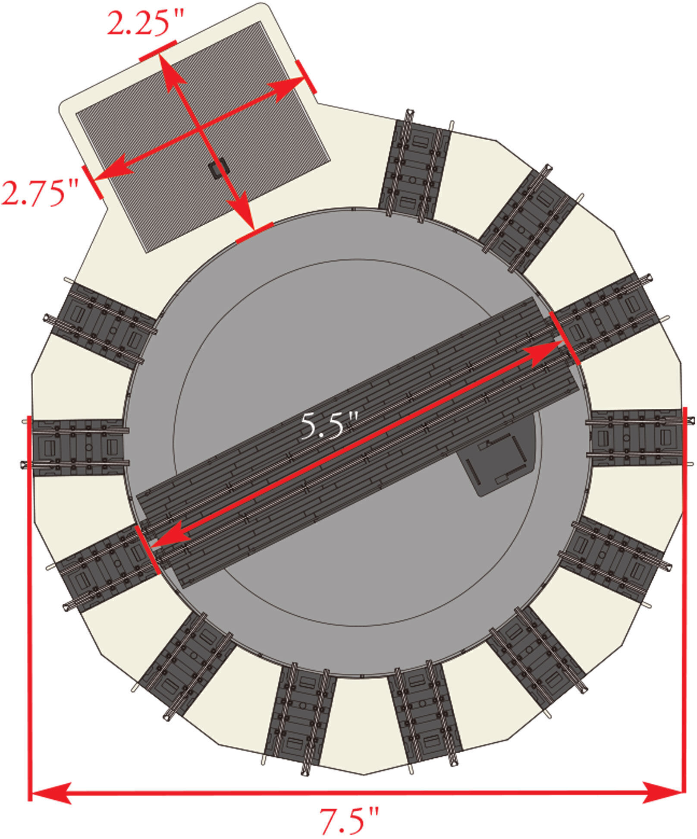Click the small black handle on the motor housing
point(217,168)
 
